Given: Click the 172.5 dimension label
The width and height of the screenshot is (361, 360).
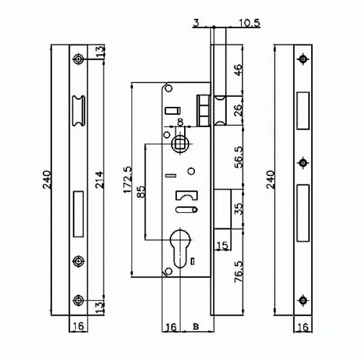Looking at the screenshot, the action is point(128,180).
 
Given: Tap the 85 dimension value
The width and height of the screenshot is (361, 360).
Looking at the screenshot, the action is point(141,192).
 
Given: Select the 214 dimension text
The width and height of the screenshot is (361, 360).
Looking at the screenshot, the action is point(99,180).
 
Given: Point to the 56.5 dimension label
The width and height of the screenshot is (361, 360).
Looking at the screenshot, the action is point(238,157).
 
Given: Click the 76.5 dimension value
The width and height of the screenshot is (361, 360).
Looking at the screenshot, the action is point(238,272).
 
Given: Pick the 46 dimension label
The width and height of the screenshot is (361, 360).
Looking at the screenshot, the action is point(238,70).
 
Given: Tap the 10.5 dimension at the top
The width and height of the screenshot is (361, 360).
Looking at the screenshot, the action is point(249,23).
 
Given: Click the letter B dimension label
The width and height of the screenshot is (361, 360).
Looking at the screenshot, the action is point(196,326).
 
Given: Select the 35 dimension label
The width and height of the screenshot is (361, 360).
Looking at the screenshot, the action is point(238,209).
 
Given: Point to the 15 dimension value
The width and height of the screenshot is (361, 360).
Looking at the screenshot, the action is point(223,245).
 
